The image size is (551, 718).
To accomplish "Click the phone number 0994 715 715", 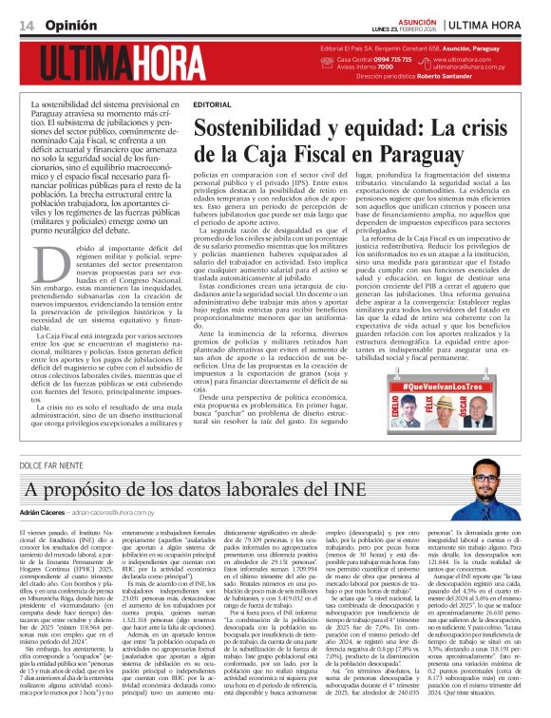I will (x=375, y=59).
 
